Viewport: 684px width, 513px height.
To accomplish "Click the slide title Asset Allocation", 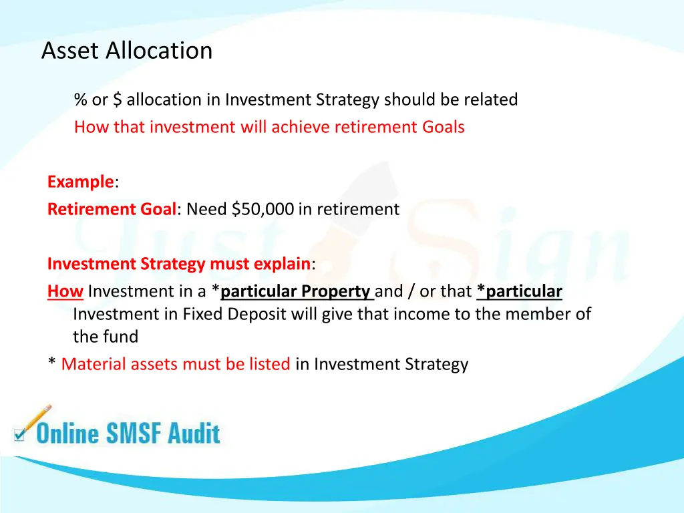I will click(127, 51).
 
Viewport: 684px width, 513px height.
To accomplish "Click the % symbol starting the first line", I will click(81, 100).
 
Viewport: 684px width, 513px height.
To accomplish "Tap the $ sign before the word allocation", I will click(118, 100).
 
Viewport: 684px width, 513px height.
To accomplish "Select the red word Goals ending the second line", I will click(443, 127).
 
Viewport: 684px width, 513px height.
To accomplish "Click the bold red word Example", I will click(80, 182).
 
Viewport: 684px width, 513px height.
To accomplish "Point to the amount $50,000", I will click(263, 209).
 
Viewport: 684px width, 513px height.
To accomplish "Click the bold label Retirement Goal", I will click(111, 209).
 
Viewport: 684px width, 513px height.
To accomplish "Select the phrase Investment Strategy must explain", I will click(178, 264).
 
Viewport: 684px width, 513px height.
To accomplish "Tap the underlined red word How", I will click(65, 291).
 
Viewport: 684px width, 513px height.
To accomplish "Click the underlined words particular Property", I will click(295, 291).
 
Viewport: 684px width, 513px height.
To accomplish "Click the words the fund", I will click(106, 337).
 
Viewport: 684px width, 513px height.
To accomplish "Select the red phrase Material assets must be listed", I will click(176, 364).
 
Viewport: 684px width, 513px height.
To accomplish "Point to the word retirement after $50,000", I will click(357, 209).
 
